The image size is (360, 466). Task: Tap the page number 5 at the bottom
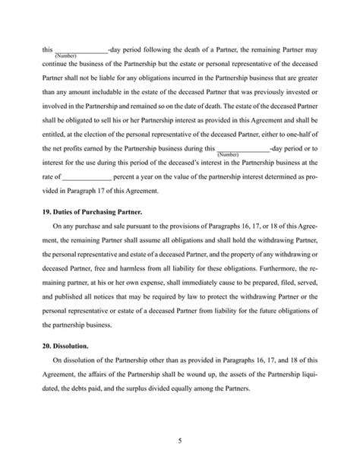coord(180,439)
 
